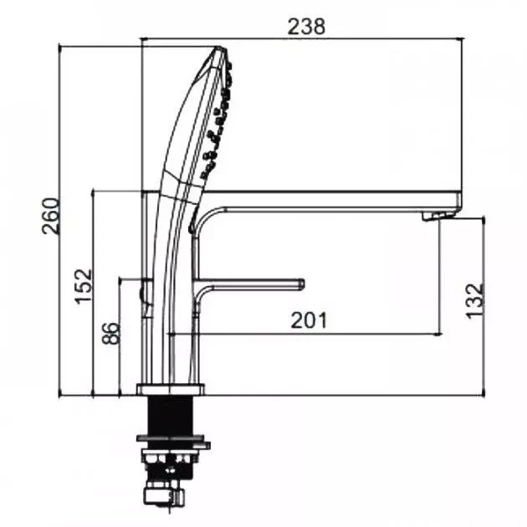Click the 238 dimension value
tap(306, 27)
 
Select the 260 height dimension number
tap(51, 216)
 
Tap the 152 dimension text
tap(84, 286)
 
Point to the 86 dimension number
tap(111, 333)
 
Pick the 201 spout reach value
tap(309, 320)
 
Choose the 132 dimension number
tap(475, 301)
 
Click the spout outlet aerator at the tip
tap(437, 216)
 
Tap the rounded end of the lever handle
tap(301, 284)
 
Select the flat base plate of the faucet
tap(171, 389)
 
